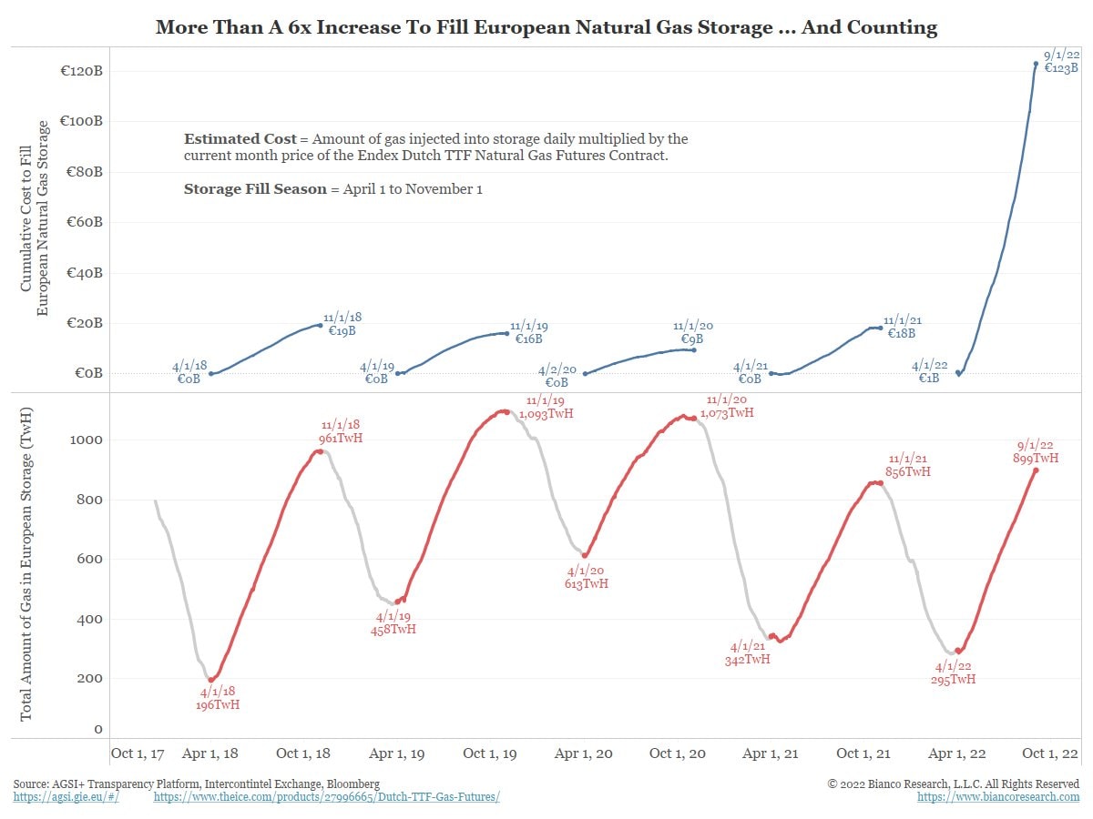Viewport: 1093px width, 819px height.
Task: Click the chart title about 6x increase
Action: [546, 26]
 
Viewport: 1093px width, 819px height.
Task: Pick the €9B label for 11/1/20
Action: [693, 339]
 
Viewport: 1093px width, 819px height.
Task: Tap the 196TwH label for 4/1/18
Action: [219, 704]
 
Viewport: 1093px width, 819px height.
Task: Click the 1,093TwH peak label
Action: [546, 414]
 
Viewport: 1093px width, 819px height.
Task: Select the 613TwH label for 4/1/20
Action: [587, 583]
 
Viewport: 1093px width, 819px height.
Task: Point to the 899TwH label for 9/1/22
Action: [1036, 459]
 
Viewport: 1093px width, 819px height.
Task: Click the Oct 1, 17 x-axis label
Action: [138, 753]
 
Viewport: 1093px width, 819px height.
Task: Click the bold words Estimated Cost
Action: [240, 139]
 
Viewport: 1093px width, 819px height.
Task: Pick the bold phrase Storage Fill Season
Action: [254, 189]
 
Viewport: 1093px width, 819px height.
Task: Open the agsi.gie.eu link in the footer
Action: [66, 797]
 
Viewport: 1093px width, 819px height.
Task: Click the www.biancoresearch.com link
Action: [998, 797]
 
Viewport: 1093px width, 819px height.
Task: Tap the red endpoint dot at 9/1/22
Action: [1036, 470]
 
